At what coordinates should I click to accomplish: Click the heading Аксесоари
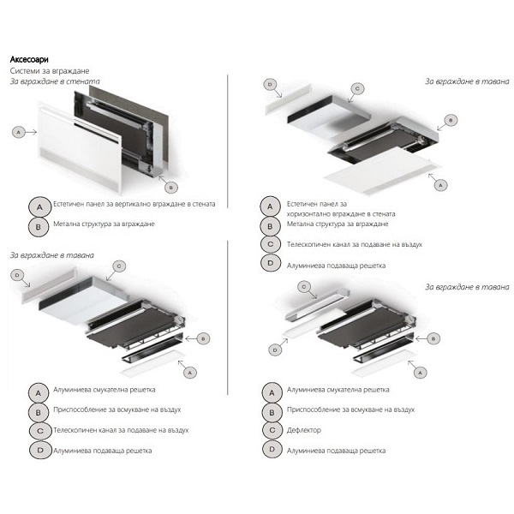[x=29, y=60]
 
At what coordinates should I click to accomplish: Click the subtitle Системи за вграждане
[x=50, y=71]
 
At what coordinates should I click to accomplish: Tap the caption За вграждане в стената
[x=55, y=81]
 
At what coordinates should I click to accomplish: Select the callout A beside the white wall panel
[x=18, y=133]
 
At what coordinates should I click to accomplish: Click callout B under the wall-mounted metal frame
[x=171, y=188]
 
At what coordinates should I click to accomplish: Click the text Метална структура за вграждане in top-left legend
[x=104, y=224]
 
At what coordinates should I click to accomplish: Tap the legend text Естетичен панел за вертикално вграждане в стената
[x=134, y=204]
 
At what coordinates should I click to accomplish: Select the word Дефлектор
[x=304, y=430]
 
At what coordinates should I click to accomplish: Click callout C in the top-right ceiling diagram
[x=357, y=88]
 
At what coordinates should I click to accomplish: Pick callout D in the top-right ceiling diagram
[x=270, y=85]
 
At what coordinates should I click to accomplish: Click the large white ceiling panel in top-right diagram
[x=383, y=171]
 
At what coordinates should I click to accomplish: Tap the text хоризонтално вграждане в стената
[x=341, y=214]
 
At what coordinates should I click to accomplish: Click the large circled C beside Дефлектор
[x=272, y=430]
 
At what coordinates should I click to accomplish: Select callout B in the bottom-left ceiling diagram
[x=203, y=338]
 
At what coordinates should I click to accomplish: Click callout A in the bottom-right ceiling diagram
[x=421, y=373]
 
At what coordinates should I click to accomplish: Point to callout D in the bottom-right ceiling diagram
[x=275, y=350]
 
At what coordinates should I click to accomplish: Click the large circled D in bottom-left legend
[x=40, y=451]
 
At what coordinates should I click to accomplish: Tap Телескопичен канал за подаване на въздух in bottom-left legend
[x=121, y=430]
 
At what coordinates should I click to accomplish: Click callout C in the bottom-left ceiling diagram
[x=119, y=266]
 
